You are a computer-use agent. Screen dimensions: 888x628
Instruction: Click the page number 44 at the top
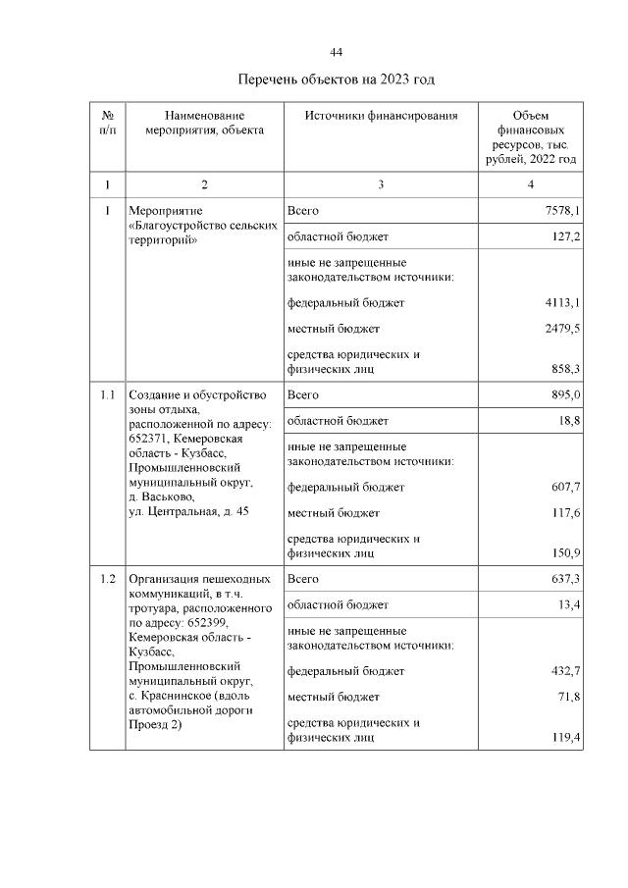point(336,52)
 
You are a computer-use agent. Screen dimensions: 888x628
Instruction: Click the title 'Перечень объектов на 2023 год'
point(336,78)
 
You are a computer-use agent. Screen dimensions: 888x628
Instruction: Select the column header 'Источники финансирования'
point(381,116)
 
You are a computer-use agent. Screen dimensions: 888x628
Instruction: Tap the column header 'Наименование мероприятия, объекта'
point(204,123)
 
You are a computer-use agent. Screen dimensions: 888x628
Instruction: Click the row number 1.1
point(108,394)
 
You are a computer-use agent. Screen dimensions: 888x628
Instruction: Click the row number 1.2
point(108,578)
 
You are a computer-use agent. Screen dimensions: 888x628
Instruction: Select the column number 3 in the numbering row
point(381,183)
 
